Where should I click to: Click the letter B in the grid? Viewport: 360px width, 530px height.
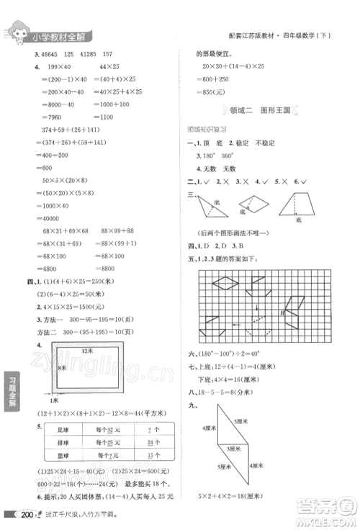point(282,313)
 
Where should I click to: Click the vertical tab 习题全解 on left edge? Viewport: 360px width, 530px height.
point(10,394)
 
